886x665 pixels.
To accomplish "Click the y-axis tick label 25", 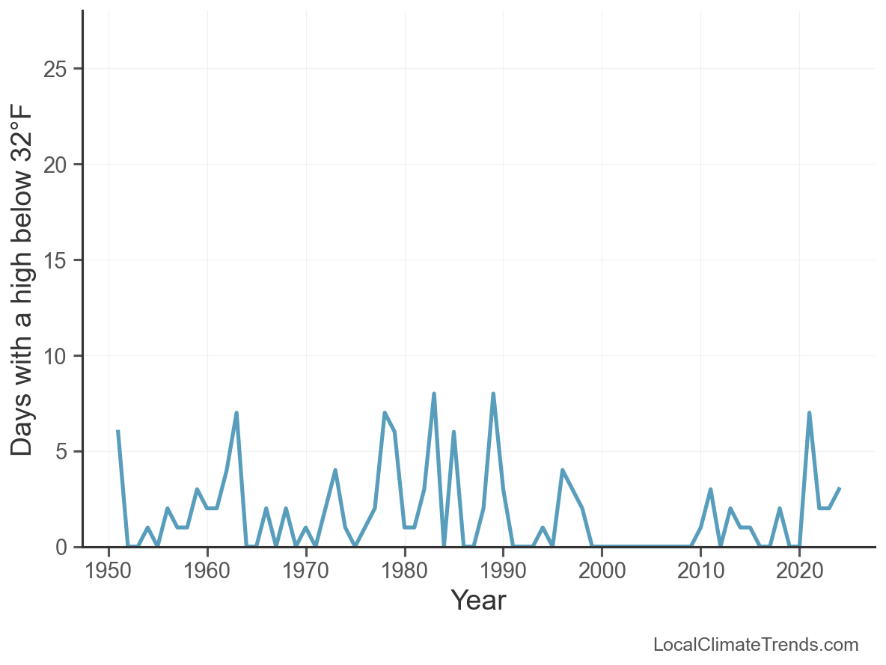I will point(55,70).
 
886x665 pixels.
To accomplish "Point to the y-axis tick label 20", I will point(55,165).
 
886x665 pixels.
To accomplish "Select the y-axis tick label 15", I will point(55,261).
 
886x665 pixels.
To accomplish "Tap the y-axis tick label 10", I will point(55,357).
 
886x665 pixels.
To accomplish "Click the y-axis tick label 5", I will point(61,453).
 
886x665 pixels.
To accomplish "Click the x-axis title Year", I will point(478,601).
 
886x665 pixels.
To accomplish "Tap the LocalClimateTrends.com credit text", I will point(756,645).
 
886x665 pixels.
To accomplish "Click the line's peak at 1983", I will point(434,393).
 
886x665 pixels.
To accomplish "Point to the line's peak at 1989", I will point(493,393).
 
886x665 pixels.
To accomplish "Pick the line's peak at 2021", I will point(809,413).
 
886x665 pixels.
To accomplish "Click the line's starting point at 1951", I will point(118,432).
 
